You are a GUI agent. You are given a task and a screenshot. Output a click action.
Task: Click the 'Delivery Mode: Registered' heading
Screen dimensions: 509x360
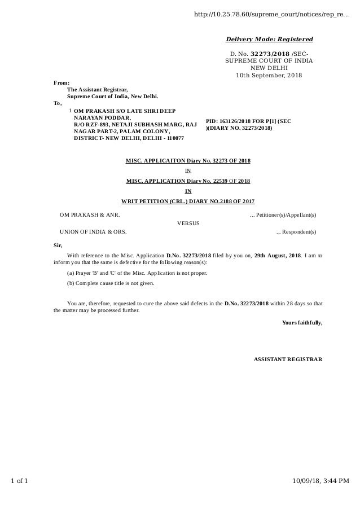269,40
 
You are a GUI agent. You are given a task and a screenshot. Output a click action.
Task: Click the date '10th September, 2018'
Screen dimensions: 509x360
269,76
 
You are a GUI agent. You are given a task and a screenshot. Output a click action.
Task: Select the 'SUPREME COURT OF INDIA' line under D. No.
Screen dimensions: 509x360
269,60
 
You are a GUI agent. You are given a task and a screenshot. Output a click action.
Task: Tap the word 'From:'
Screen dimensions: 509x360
62,83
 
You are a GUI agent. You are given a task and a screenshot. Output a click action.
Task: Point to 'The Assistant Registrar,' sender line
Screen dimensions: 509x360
97,90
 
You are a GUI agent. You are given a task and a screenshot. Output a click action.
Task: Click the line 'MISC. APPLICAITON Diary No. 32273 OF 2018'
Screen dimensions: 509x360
188,161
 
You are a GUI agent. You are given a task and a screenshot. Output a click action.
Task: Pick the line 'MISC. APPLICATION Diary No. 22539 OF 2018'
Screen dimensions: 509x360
188,181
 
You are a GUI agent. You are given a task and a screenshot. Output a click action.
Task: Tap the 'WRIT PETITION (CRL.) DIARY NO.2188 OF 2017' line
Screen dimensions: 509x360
188,201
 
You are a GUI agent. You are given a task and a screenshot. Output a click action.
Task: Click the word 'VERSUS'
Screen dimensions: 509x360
188,223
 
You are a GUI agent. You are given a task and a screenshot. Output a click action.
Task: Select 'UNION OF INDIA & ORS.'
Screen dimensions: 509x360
93,231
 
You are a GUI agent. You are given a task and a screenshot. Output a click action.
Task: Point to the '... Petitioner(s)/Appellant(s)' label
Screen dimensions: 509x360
283,214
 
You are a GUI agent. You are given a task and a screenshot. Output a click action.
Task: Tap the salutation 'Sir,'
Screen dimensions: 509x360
58,245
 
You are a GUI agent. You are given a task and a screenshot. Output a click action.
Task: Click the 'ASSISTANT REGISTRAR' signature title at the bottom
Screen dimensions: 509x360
288,359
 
